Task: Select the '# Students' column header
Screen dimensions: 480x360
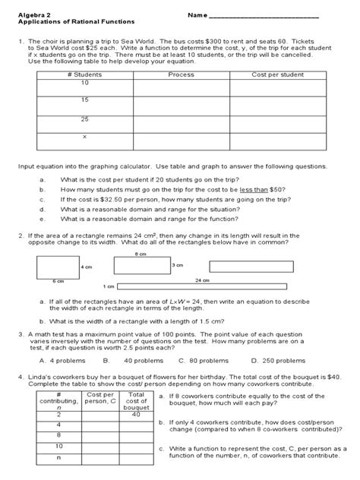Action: pyautogui.click(x=84, y=76)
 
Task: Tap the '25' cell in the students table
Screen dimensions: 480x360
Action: pyautogui.click(x=84, y=119)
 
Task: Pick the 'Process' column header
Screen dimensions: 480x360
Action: pyautogui.click(x=181, y=76)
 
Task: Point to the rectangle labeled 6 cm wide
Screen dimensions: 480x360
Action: pyautogui.click(x=58, y=267)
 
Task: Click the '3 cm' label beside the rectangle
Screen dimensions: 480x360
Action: pyautogui.click(x=178, y=265)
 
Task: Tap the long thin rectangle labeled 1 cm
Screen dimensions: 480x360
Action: pyautogui.click(x=205, y=287)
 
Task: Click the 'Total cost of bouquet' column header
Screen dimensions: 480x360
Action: pyautogui.click(x=137, y=400)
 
